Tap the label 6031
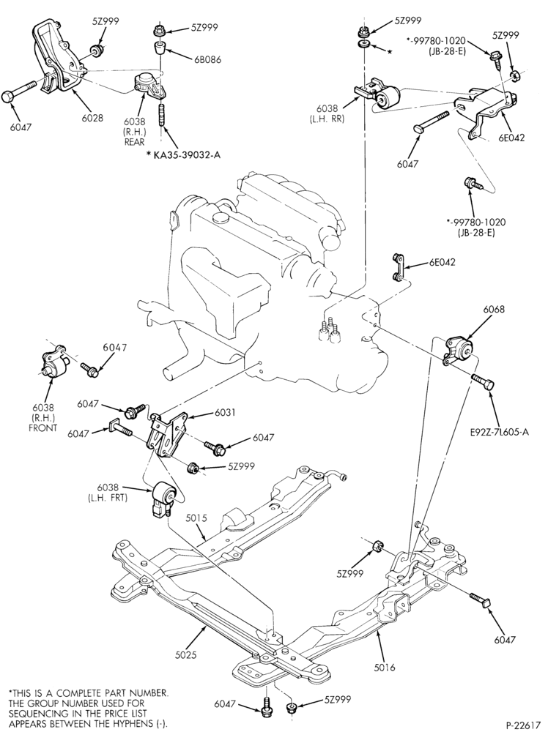(225, 413)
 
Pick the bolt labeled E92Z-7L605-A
(483, 382)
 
